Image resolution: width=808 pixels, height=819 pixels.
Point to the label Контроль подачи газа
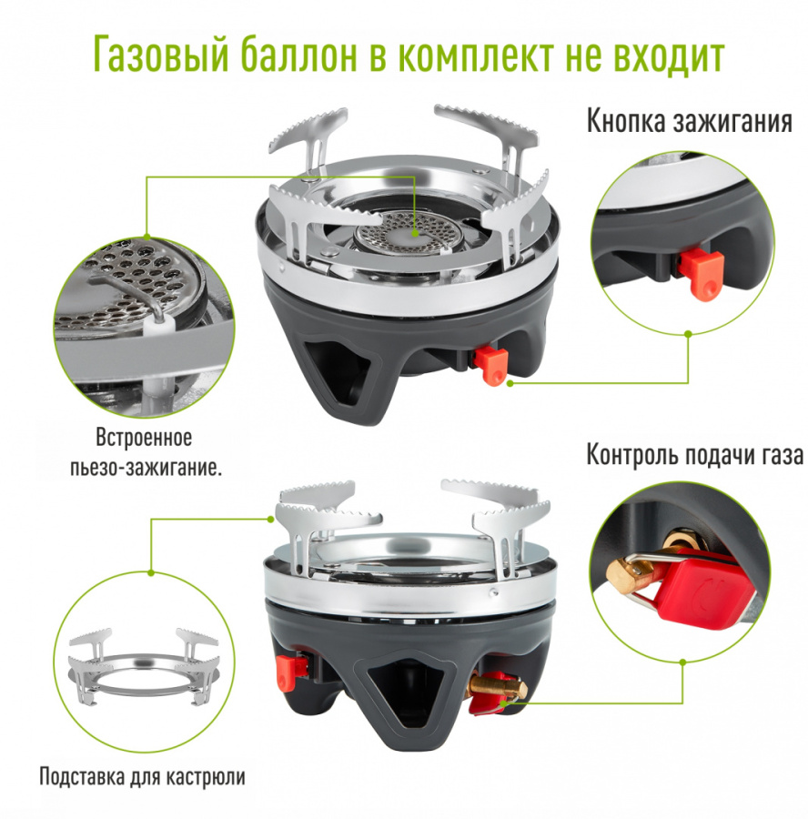pyautogui.click(x=694, y=454)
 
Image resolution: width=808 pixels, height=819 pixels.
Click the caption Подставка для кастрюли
pyautogui.click(x=142, y=778)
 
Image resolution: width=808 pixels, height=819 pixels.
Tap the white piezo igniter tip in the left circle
pyautogui.click(x=157, y=324)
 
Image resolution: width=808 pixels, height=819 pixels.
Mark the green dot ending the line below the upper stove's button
pyautogui.click(x=510, y=383)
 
